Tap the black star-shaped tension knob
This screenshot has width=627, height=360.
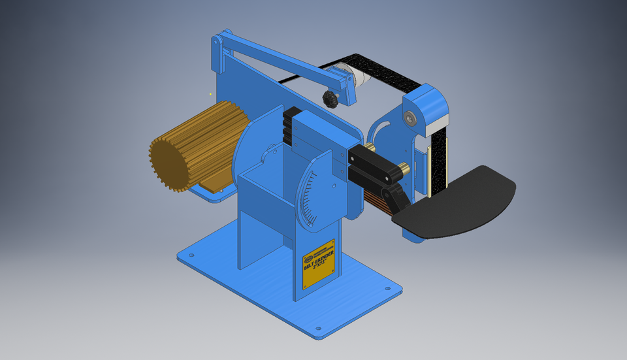point(330,99)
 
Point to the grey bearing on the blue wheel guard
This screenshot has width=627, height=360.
point(410,118)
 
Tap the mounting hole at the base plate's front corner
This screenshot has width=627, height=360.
point(318,329)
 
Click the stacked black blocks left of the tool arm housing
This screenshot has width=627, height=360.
point(287,127)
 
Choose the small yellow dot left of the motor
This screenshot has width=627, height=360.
point(210,94)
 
